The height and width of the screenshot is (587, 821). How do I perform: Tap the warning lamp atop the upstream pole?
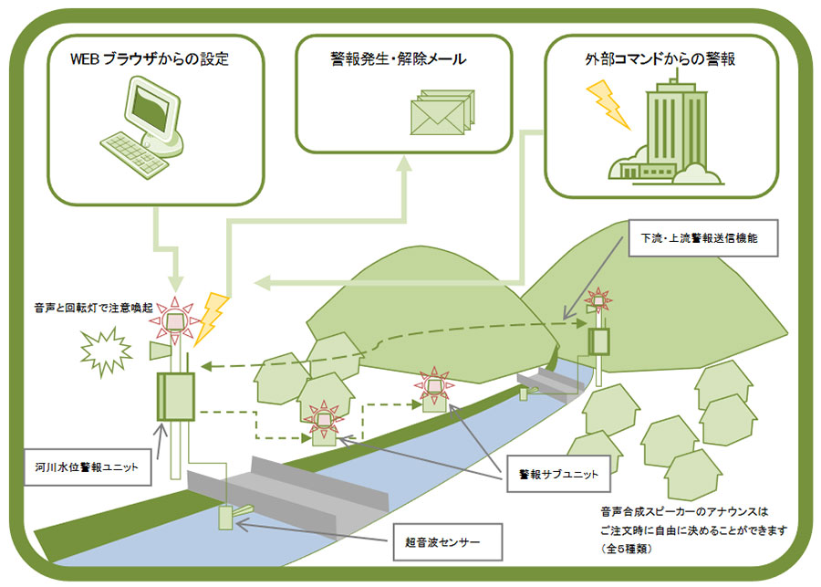[x=598, y=299]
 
